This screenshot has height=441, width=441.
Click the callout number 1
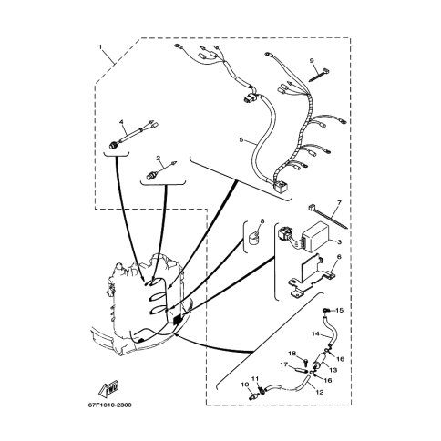(x=100, y=47)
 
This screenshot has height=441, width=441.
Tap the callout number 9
(x=312, y=60)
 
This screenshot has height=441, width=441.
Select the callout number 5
(x=241, y=140)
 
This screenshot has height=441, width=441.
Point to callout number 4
(x=121, y=122)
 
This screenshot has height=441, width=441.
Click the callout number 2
(x=158, y=158)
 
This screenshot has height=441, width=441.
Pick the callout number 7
(x=339, y=202)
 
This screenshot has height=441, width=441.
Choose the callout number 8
(x=262, y=221)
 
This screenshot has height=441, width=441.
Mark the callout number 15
(x=339, y=311)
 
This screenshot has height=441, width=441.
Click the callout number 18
(x=292, y=354)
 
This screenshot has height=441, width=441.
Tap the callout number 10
(x=245, y=385)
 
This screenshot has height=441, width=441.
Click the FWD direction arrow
(x=108, y=388)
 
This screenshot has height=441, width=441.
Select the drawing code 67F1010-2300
(x=110, y=405)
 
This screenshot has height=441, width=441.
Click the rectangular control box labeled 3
(x=313, y=235)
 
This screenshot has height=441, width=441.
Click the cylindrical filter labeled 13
(x=320, y=361)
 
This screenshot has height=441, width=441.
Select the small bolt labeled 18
(x=305, y=361)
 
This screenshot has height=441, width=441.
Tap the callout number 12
(x=320, y=392)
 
